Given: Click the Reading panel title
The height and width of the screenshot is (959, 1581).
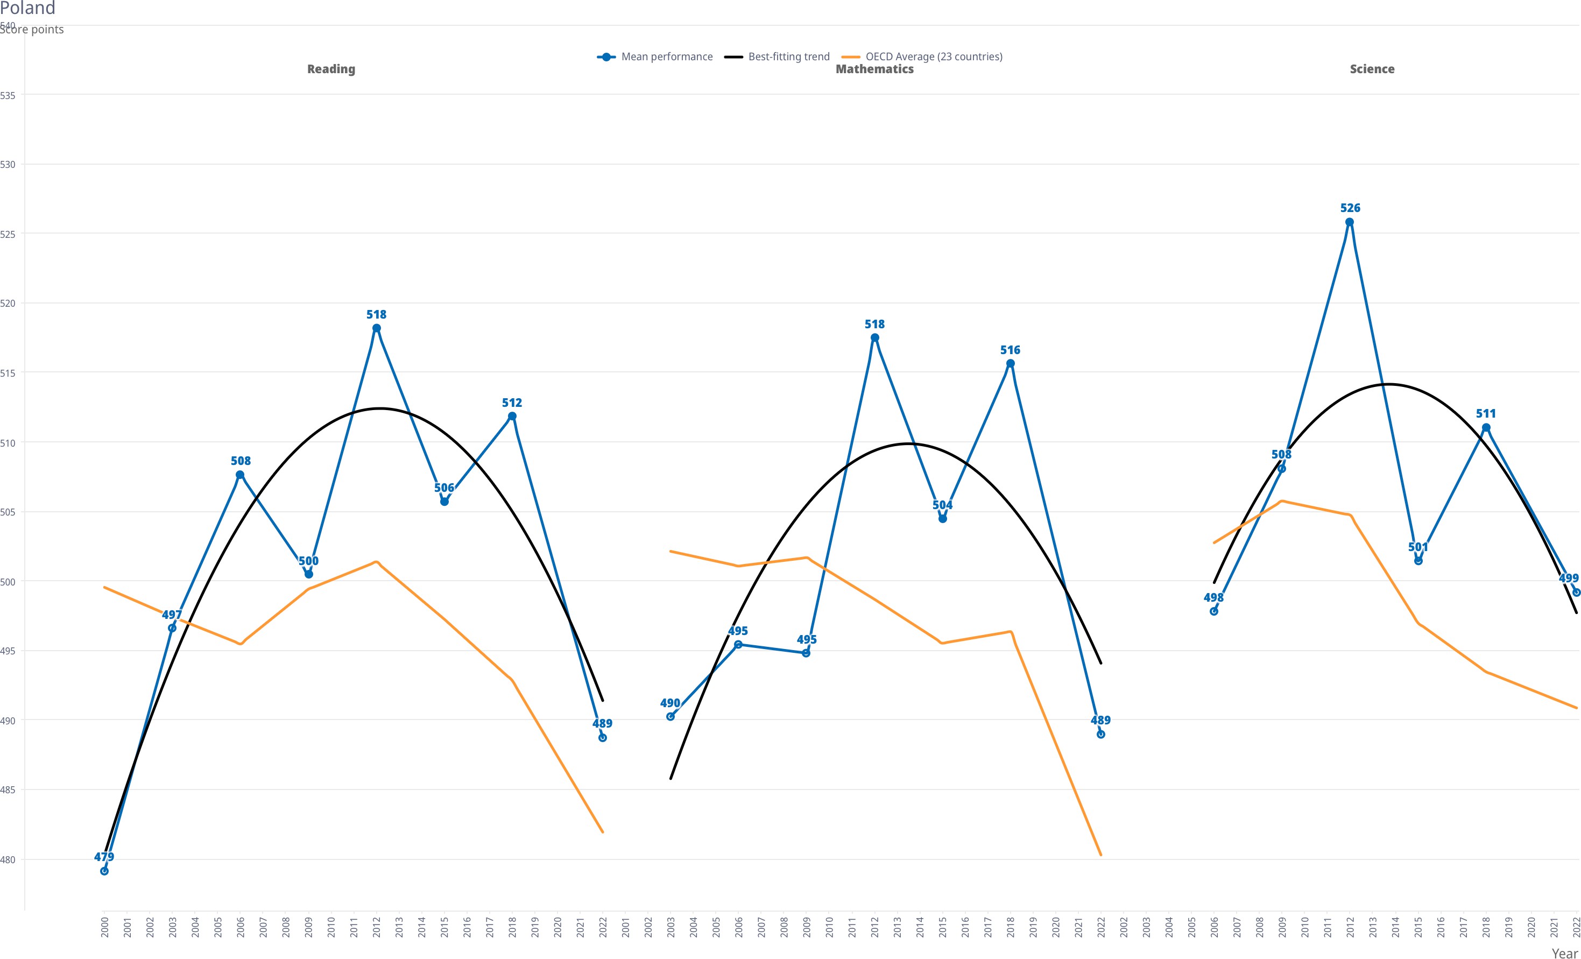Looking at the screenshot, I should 330,69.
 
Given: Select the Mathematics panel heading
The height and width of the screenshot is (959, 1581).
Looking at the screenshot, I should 874,69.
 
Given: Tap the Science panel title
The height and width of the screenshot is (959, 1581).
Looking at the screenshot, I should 1372,69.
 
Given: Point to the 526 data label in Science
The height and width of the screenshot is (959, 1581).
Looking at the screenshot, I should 1350,208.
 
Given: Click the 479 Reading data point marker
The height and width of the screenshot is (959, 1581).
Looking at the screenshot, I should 104,871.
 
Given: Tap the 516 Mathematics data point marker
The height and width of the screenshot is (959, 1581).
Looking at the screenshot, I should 1011,364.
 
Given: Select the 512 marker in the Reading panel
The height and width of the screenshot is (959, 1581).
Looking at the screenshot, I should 512,417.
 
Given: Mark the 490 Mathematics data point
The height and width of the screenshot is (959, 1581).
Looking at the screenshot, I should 670,716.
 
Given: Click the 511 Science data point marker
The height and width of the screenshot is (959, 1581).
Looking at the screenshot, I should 1486,428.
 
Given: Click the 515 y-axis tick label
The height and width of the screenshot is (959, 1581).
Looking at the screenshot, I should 8,373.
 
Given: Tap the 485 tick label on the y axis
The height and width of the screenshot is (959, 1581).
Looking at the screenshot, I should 8,791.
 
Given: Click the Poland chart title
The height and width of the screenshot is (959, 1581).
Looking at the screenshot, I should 27,8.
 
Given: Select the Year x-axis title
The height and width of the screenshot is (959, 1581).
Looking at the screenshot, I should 1564,953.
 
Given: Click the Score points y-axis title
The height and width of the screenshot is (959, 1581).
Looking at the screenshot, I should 32,30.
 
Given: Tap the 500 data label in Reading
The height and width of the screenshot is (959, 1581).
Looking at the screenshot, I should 309,561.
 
